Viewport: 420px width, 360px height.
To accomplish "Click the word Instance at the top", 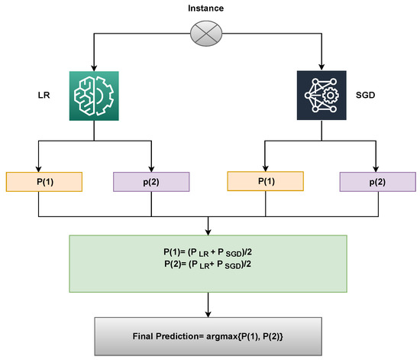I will [x=207, y=7].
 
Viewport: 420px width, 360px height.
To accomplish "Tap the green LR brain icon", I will [x=93, y=96].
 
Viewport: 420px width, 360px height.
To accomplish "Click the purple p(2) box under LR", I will [x=152, y=182].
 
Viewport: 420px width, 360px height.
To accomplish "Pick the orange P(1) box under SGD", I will [x=263, y=182].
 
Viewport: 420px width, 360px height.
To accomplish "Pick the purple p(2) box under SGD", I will [x=376, y=182].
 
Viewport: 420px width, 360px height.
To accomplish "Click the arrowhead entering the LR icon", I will [x=93, y=67].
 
